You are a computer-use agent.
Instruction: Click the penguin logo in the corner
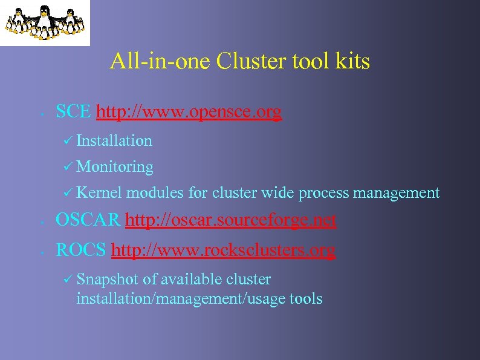(x=45, y=22)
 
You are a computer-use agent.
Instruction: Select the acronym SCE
(x=73, y=112)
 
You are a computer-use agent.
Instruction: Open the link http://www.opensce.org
(x=189, y=113)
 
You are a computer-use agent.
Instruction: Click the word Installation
(x=114, y=141)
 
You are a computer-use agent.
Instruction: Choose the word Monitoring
(x=115, y=167)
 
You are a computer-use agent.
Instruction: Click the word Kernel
(x=100, y=193)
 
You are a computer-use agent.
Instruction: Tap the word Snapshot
(x=106, y=279)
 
